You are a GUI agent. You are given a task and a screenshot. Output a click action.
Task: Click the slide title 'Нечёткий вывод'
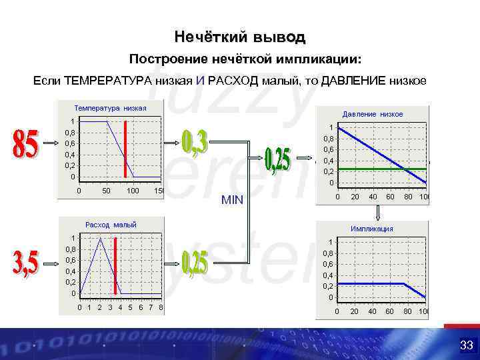pyautogui.click(x=239, y=35)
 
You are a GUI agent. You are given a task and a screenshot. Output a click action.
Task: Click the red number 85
pyautogui.click(x=25, y=143)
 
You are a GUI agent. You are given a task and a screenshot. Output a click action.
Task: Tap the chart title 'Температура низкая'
pyautogui.click(x=111, y=107)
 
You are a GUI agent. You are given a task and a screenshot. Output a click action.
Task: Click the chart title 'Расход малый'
pyautogui.click(x=111, y=225)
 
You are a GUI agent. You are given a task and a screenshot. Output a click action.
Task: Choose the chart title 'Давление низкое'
pyautogui.click(x=372, y=114)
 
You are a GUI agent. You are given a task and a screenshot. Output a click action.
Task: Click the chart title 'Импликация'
pyautogui.click(x=372, y=229)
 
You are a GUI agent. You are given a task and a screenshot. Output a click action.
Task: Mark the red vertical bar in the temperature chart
pyautogui.click(x=125, y=149)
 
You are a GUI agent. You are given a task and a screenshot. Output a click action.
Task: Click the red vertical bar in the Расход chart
pyautogui.click(x=115, y=265)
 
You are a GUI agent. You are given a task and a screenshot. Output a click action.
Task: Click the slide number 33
pyautogui.click(x=466, y=345)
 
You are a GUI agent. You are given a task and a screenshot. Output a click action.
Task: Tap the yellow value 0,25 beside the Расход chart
pyautogui.click(x=195, y=265)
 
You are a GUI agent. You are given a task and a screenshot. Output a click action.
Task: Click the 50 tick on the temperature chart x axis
pyautogui.click(x=106, y=191)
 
